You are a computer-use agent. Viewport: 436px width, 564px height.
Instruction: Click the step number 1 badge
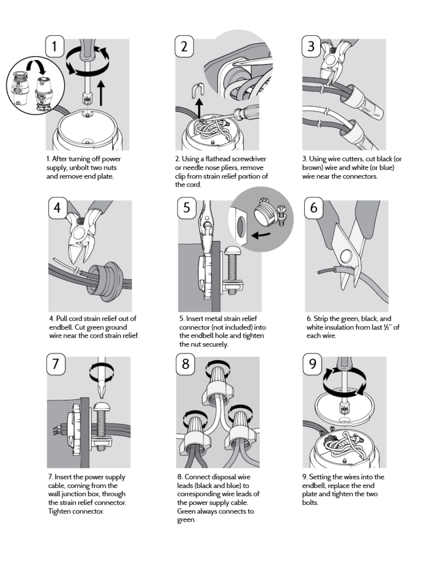(55, 46)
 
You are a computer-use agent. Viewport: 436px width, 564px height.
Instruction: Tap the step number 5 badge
(187, 208)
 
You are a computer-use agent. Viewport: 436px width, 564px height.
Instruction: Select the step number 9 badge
(312, 364)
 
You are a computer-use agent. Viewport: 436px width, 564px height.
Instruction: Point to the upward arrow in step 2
(199, 109)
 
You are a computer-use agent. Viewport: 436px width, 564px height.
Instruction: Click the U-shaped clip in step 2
(198, 90)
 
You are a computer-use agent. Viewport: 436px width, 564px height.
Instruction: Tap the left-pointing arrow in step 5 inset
(261, 235)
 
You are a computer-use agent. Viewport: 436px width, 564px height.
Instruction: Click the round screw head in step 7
(104, 407)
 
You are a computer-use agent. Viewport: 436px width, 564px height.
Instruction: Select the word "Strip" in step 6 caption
(320, 319)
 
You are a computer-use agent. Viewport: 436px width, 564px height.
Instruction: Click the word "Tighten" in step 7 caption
(61, 512)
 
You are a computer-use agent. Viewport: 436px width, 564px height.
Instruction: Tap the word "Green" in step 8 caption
(187, 512)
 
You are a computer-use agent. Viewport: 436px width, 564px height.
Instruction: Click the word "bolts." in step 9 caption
(310, 502)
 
